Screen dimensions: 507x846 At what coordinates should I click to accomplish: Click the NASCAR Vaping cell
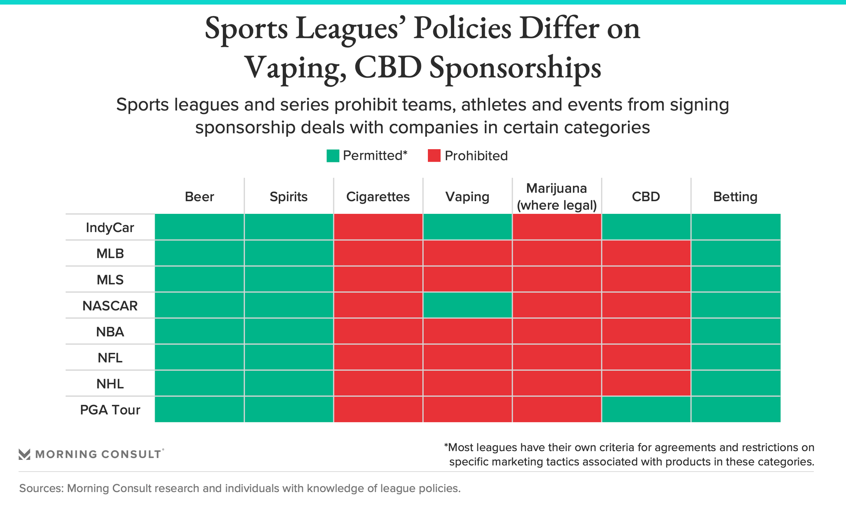468,305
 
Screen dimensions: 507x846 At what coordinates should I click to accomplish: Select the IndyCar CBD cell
646,227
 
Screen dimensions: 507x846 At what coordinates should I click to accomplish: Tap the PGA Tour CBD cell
646,409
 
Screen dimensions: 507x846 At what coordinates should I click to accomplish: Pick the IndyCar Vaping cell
468,227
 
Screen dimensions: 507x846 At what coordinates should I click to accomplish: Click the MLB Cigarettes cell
378,253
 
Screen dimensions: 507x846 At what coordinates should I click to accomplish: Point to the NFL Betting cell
735,357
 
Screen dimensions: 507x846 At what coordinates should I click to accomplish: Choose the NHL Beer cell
200,383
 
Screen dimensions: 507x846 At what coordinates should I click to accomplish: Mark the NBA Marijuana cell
557,331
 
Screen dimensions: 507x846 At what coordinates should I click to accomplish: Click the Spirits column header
289,197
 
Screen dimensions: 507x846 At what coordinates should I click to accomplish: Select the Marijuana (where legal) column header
557,197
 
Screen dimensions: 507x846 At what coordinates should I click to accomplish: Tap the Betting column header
735,197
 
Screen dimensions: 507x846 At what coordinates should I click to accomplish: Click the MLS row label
110,279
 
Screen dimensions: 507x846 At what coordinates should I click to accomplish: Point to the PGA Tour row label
110,410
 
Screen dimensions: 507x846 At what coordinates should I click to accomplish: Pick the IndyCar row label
110,228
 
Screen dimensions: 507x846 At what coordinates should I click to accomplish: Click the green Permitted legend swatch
333,156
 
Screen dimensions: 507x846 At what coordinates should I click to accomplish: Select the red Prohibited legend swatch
434,156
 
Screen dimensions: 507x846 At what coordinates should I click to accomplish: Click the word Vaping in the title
295,68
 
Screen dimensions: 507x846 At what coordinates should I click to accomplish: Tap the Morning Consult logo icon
25,454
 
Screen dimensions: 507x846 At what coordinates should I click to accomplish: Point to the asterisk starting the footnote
446,446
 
